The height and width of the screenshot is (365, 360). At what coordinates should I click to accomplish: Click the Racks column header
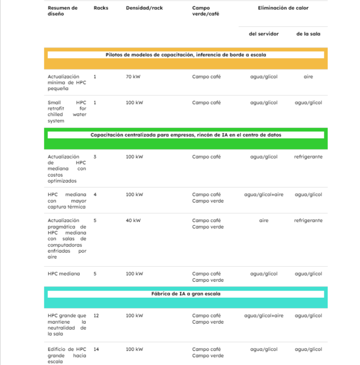pyautogui.click(x=101, y=8)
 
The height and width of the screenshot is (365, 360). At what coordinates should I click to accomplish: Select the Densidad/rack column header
pyautogui.click(x=144, y=8)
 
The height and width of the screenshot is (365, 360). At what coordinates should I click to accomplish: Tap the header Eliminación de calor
pyautogui.click(x=283, y=8)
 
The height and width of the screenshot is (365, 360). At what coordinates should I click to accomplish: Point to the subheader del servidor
pyautogui.click(x=264, y=34)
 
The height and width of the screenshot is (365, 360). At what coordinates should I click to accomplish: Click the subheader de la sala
pyautogui.click(x=308, y=34)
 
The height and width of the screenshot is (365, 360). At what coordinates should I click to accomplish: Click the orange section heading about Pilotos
pyautogui.click(x=186, y=55)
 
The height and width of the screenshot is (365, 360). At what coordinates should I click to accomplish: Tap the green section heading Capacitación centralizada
pyautogui.click(x=186, y=135)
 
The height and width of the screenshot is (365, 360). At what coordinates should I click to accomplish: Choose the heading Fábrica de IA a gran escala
pyautogui.click(x=186, y=294)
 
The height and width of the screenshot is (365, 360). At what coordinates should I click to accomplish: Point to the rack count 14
pyautogui.click(x=96, y=349)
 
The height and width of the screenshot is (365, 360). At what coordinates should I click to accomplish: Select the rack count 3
pyautogui.click(x=95, y=157)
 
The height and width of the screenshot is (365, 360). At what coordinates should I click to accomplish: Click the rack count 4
pyautogui.click(x=95, y=195)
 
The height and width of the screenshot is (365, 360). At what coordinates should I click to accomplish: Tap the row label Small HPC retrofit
pyautogui.click(x=67, y=112)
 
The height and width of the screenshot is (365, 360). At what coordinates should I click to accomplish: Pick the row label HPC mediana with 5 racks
pyautogui.click(x=64, y=274)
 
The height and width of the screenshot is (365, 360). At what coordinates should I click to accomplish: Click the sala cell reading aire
pyautogui.click(x=308, y=77)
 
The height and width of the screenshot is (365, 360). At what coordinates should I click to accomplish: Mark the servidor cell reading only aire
pyautogui.click(x=264, y=221)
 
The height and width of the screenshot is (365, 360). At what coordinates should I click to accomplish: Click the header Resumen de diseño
pyautogui.click(x=63, y=11)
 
